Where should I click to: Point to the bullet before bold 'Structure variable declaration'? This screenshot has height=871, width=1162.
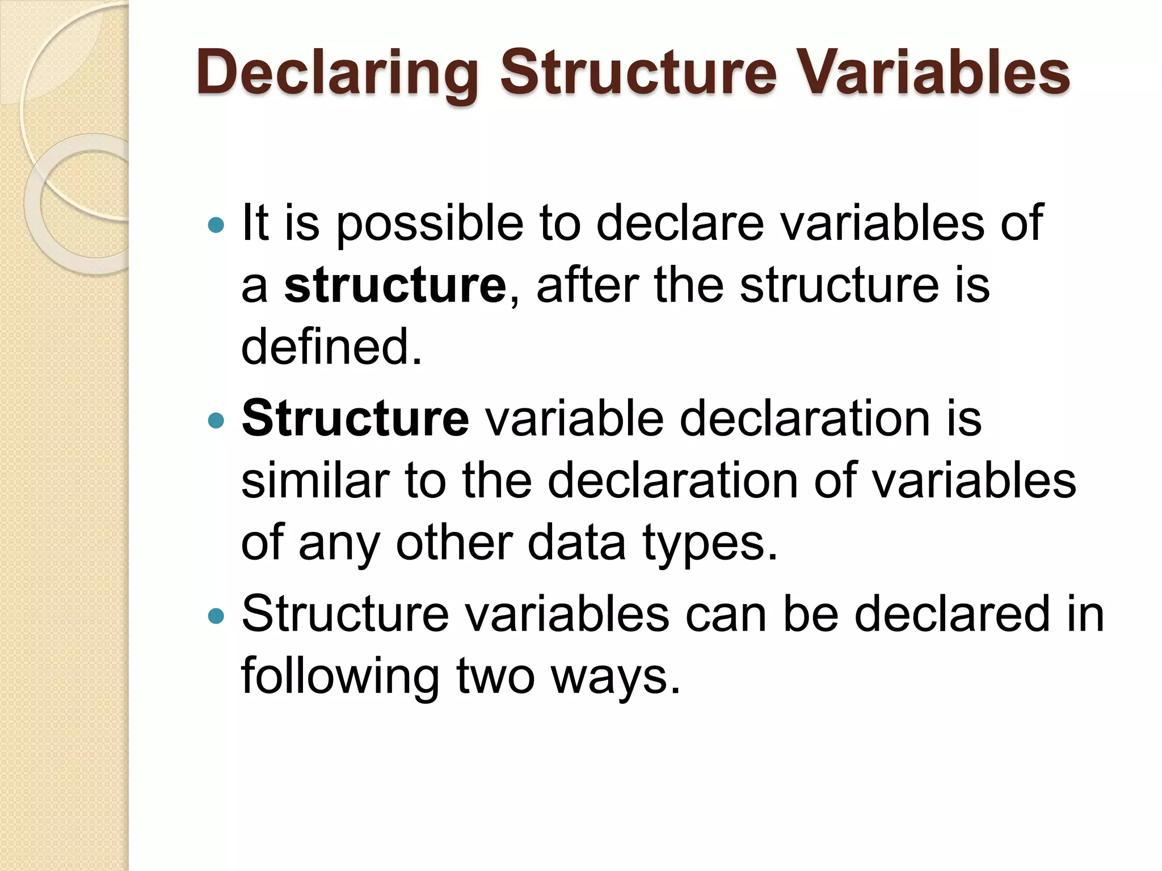click(x=216, y=421)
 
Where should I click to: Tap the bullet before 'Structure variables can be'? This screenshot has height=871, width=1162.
click(x=216, y=616)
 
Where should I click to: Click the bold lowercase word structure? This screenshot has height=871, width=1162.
click(x=395, y=285)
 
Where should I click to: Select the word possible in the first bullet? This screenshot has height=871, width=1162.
click(x=430, y=223)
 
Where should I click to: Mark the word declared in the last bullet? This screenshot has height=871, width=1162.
click(x=952, y=614)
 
